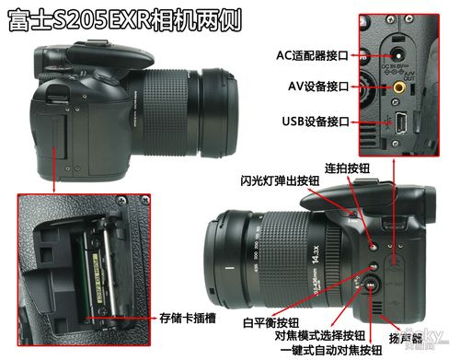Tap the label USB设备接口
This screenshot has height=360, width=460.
[318, 121]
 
